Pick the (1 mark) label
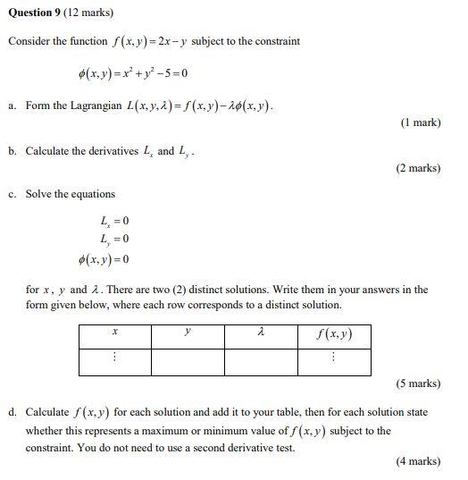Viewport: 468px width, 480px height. point(421,122)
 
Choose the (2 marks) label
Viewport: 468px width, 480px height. point(418,167)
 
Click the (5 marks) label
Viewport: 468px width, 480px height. point(418,383)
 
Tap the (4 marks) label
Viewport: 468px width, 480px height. point(418,461)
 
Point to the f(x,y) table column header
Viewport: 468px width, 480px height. point(333,335)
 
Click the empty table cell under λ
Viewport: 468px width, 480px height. point(260,361)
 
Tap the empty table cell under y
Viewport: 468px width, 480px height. point(188,361)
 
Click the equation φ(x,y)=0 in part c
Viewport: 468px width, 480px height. point(103,259)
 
